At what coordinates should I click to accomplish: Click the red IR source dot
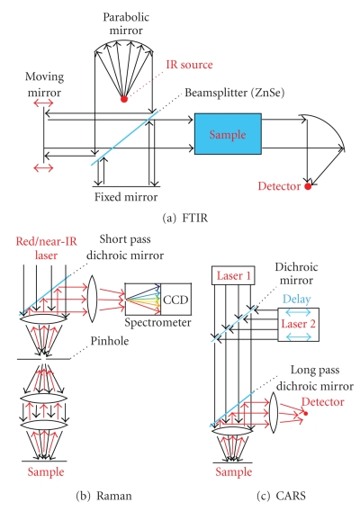[x=124, y=99]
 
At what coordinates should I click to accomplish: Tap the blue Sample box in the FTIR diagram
[x=228, y=134]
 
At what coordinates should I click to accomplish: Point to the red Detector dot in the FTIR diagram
[x=308, y=186]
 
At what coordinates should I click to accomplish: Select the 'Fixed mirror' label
[x=126, y=197]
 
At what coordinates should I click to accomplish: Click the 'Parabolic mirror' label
[x=126, y=23]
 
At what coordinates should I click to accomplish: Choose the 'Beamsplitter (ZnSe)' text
[x=235, y=93]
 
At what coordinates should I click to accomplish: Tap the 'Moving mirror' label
[x=44, y=85]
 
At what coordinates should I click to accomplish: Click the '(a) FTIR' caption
[x=184, y=218]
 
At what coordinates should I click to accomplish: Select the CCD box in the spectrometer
[x=175, y=300]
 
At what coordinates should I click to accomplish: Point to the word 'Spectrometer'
[x=157, y=322]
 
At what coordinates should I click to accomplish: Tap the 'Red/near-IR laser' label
[x=46, y=248]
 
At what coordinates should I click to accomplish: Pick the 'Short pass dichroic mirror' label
[x=125, y=247]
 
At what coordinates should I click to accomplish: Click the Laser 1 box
[x=233, y=275]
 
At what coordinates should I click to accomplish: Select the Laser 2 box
[x=299, y=325]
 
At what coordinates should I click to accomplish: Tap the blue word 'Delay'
[x=297, y=299]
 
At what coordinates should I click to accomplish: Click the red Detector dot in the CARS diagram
[x=305, y=414]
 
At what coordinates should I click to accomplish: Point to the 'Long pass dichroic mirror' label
[x=315, y=378]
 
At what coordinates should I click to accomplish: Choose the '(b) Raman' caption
[x=103, y=496]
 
